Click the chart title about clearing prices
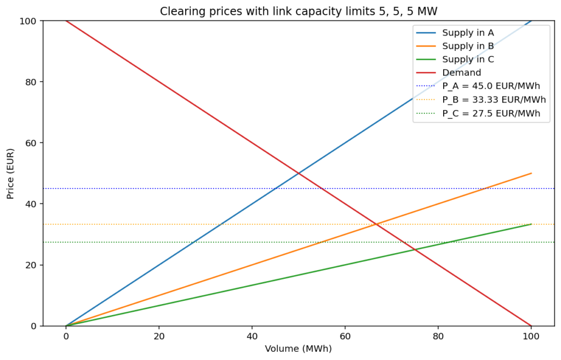(x=299, y=12)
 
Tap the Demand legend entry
(x=461, y=72)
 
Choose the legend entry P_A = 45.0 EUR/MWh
(x=491, y=86)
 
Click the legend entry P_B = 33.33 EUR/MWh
(x=494, y=100)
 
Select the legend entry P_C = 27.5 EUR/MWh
(x=491, y=113)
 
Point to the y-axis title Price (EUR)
(x=11, y=173)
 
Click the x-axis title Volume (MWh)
(x=299, y=348)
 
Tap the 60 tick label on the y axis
(x=31, y=143)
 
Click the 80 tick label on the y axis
(x=31, y=82)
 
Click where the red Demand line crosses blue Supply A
(x=299, y=173)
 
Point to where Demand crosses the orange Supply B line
(x=376, y=224)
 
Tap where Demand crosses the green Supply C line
(x=415, y=249)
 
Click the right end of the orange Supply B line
(x=531, y=173)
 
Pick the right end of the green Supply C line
(x=531, y=224)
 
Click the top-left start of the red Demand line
(x=66, y=21)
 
